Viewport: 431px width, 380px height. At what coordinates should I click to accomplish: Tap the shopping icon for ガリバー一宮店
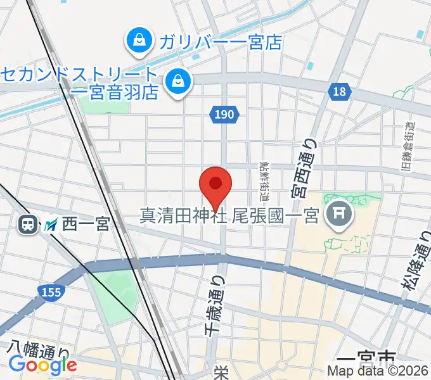tap(137, 42)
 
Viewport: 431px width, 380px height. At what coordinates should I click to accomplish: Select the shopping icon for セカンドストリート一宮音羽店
tap(178, 82)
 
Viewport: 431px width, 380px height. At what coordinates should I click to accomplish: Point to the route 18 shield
tap(340, 92)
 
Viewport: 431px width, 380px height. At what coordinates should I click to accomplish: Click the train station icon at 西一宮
tap(27, 224)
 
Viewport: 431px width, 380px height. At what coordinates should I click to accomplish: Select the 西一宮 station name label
tap(86, 224)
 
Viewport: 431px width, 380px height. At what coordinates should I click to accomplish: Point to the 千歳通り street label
tap(214, 305)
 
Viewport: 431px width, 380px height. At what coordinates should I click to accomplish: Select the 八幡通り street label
tap(39, 348)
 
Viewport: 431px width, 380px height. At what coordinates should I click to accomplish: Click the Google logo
tap(43, 365)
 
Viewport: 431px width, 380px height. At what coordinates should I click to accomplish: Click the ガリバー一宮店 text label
tap(220, 42)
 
